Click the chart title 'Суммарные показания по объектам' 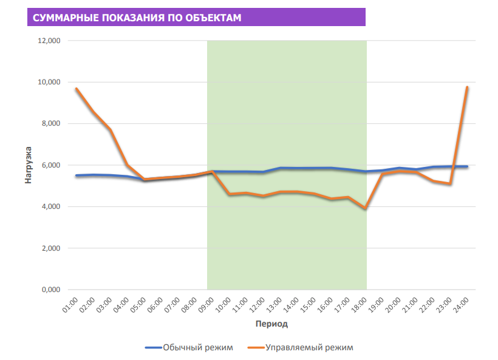(137, 18)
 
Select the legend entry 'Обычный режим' (197, 348)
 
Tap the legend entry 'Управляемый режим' (310, 348)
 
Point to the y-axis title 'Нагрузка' (28, 165)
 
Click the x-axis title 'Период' (271, 324)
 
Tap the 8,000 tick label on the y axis (50, 123)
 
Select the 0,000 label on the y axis (50, 290)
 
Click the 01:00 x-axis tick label (70, 303)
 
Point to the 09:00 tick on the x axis (207, 303)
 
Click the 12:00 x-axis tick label (258, 303)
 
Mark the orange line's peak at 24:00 (466, 87)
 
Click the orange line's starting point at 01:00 (76, 89)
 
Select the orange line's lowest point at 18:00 (365, 208)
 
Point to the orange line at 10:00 (229, 194)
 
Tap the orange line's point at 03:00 (110, 129)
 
